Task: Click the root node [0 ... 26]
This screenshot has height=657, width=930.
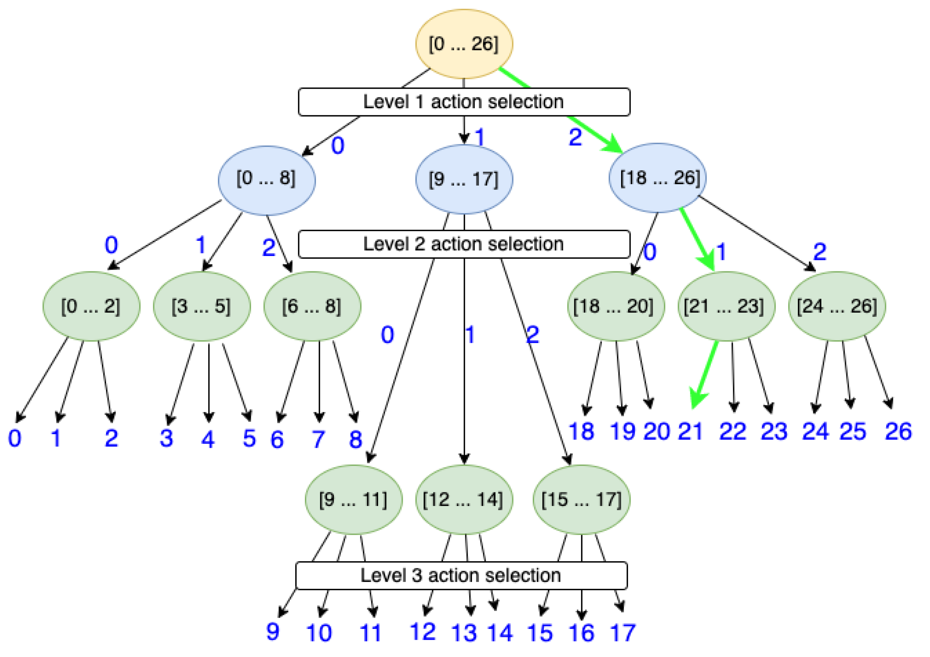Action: click(464, 44)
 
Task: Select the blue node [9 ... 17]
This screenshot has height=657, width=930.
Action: click(464, 179)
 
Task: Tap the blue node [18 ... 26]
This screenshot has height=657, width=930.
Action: click(658, 178)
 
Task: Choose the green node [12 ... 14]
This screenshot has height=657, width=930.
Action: click(464, 499)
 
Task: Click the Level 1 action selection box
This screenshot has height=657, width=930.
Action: click(464, 102)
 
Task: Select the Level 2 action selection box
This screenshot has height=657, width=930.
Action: click(464, 244)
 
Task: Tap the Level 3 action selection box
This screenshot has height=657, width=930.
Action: click(462, 576)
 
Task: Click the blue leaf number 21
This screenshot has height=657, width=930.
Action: click(690, 431)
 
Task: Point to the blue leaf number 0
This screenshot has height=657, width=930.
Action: click(15, 438)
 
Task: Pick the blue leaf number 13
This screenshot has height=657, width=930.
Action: click(464, 633)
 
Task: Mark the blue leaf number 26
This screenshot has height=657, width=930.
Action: click(898, 431)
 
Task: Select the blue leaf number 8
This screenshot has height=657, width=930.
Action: click(356, 439)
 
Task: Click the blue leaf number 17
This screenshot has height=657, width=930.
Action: click(623, 633)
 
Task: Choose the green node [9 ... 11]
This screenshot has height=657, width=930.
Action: click(353, 499)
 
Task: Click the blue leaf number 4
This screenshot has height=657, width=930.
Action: click(208, 439)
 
